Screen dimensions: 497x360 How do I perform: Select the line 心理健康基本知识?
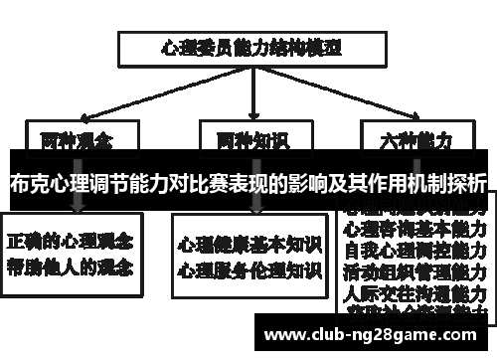[248, 243]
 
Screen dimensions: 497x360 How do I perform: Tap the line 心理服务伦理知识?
[248, 269]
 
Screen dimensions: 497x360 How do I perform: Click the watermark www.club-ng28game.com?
[373, 333]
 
